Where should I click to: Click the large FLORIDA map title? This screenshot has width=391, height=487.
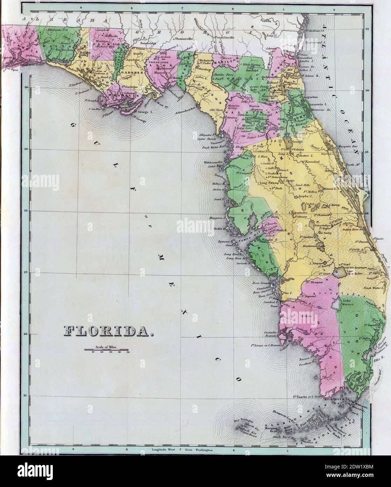pos(108,330)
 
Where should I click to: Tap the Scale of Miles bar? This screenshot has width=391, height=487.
pos(107,350)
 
